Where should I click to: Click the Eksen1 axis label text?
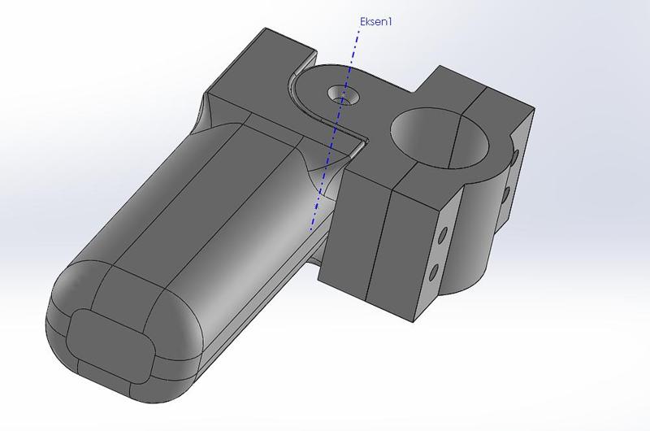coord(375,22)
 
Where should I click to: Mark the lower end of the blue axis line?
coord(310,229)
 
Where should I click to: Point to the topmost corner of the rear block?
coord(264,29)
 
